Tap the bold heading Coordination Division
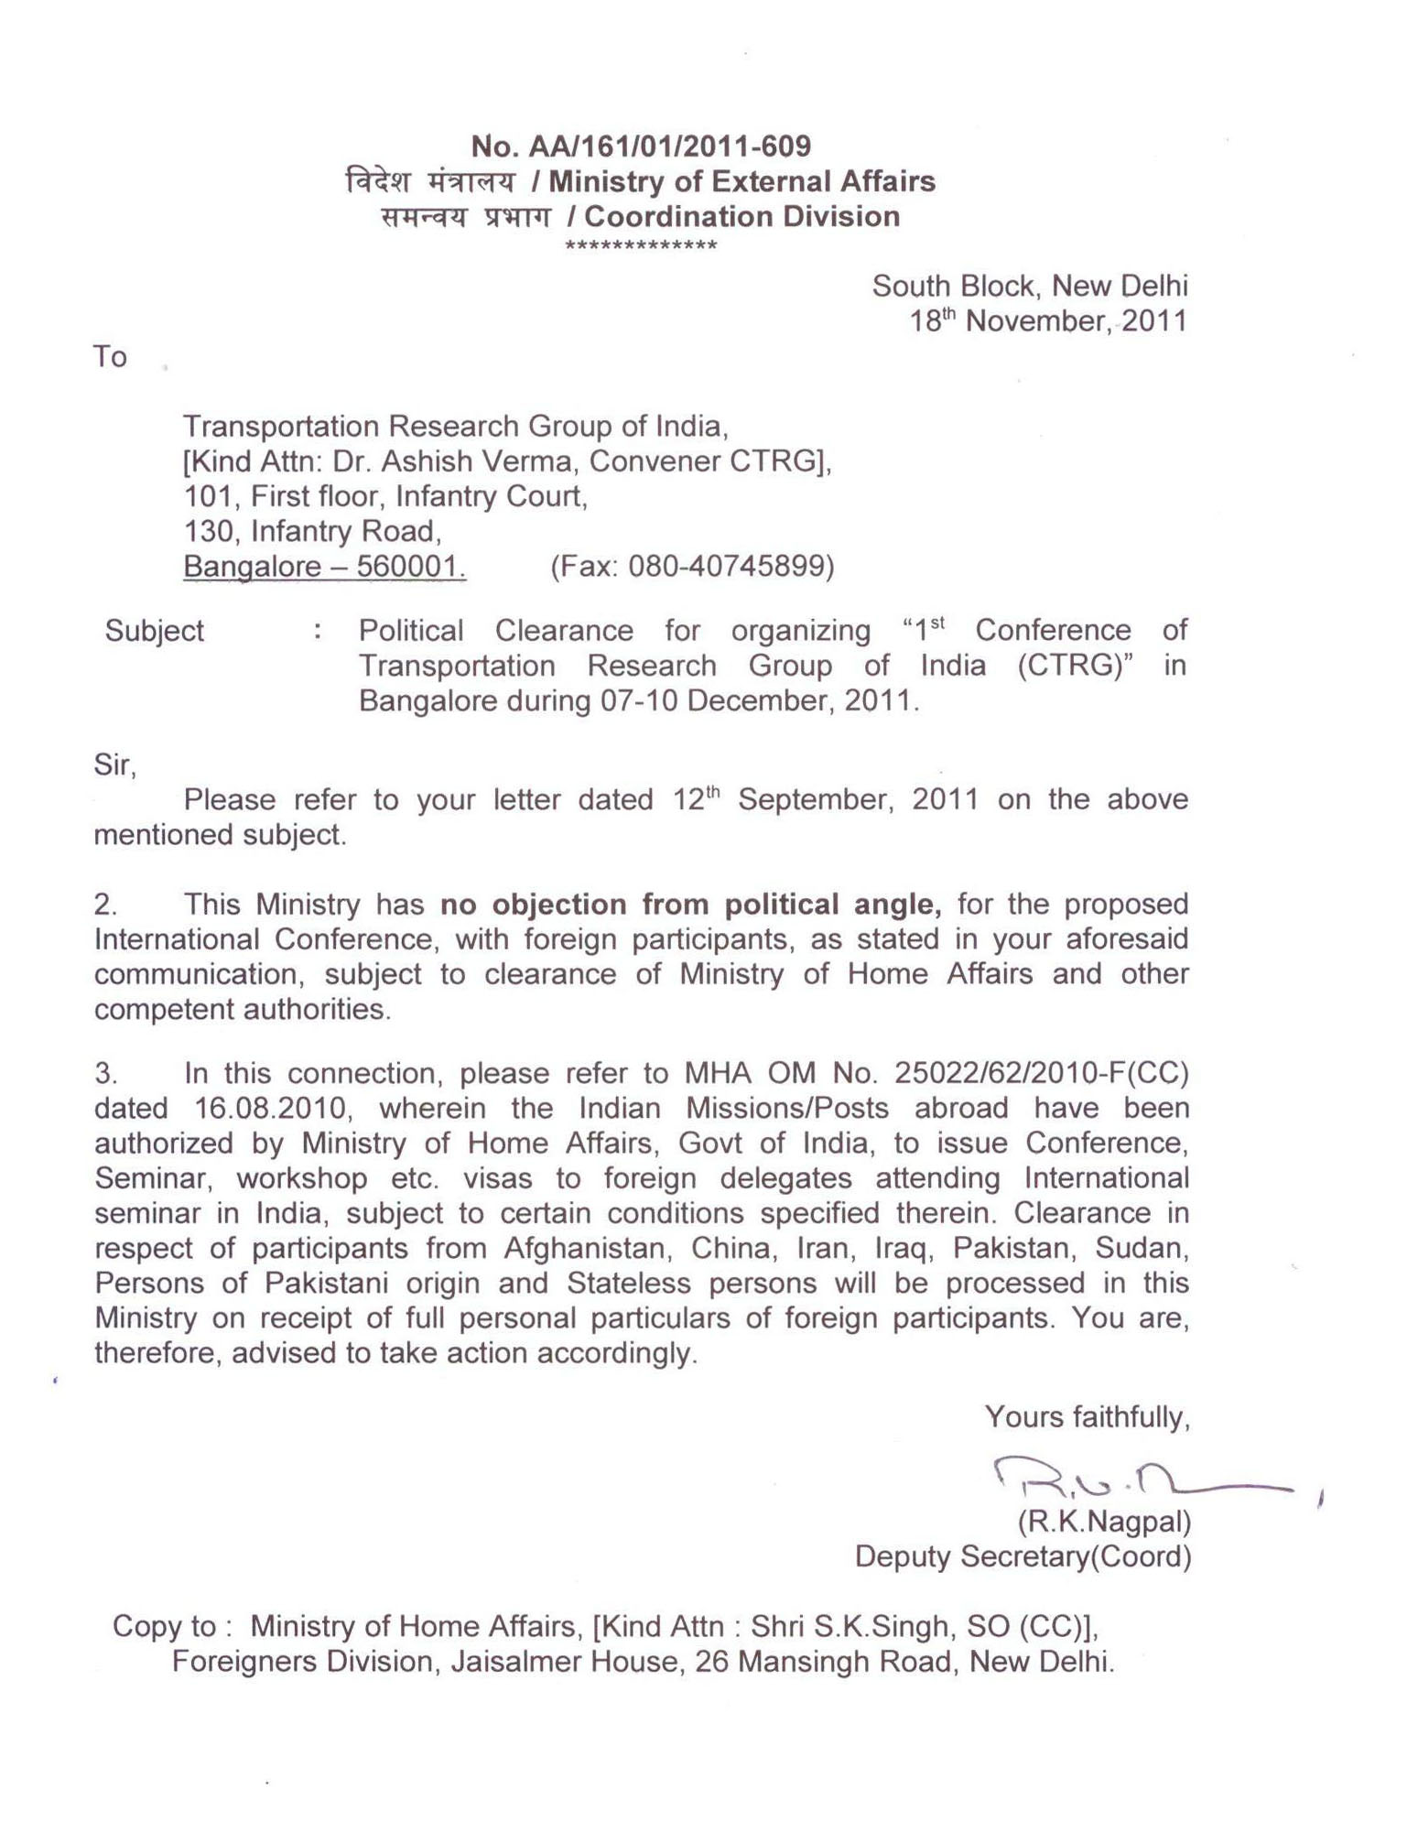pyautogui.click(x=741, y=217)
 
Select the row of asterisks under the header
pyautogui.click(x=641, y=246)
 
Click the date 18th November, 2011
pyautogui.click(x=1048, y=321)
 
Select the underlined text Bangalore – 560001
pyautogui.click(x=325, y=568)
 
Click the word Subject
pyautogui.click(x=154, y=631)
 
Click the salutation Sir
pyautogui.click(x=114, y=764)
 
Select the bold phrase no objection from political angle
pyautogui.click(x=691, y=905)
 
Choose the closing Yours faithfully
pyautogui.click(x=1088, y=1418)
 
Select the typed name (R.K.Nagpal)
pyautogui.click(x=1104, y=1522)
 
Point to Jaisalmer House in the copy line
pyautogui.click(x=567, y=1662)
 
